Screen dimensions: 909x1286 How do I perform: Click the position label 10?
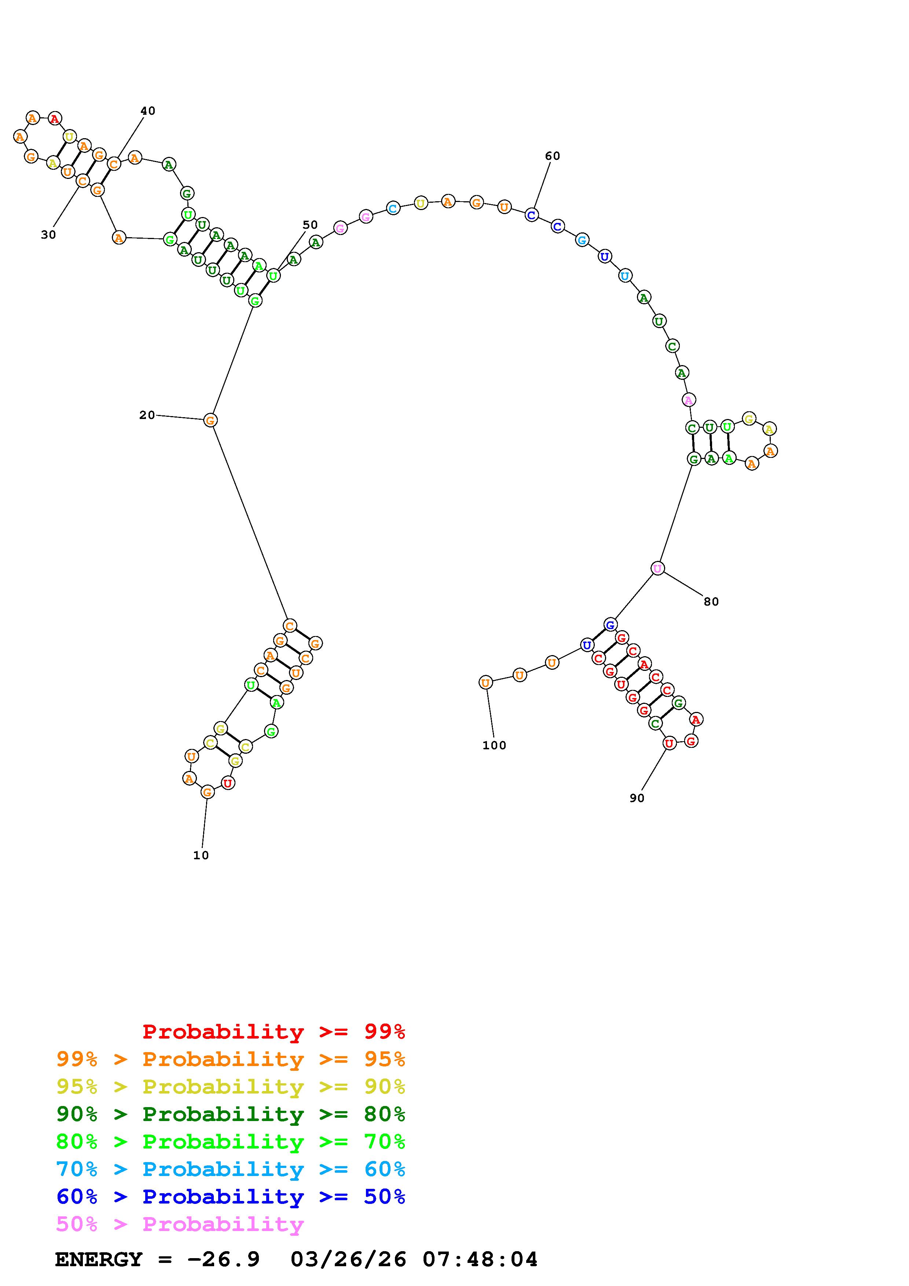[x=201, y=855]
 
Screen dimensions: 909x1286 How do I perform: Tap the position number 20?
[x=147, y=415]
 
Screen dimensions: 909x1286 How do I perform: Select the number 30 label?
[x=48, y=235]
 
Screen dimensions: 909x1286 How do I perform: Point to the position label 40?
[x=147, y=111]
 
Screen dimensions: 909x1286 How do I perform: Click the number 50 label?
[x=310, y=225]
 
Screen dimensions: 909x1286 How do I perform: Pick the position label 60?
[x=552, y=156]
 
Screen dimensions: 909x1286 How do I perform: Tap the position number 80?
[x=711, y=602]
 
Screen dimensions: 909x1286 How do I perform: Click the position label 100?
[x=494, y=746]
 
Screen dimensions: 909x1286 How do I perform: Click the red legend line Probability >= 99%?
[x=273, y=1032]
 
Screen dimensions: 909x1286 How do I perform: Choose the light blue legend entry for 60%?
[x=231, y=1169]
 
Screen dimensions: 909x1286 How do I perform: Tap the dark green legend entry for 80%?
[x=231, y=1114]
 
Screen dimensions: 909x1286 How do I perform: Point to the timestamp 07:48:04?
[x=480, y=1260]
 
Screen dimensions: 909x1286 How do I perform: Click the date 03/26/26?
[x=348, y=1260]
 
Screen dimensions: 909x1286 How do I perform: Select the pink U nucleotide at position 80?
[x=657, y=569]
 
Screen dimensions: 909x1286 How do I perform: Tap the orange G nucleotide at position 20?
[x=210, y=420]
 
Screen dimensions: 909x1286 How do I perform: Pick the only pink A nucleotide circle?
[x=688, y=400]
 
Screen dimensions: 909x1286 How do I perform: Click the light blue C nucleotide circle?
[x=393, y=209]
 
